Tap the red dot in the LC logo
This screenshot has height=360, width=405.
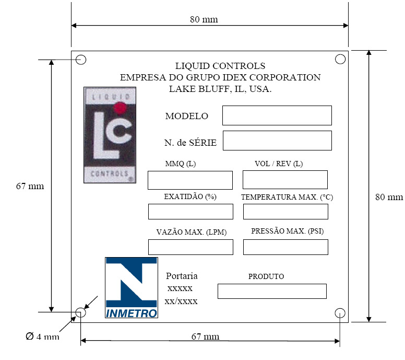point(120,108)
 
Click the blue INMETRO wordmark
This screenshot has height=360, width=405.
point(132,313)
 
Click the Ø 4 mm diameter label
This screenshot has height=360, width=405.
point(42,336)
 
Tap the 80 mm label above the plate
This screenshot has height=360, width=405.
point(204,19)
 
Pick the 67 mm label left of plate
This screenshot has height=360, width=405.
point(30,186)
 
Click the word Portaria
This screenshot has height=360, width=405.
point(182,276)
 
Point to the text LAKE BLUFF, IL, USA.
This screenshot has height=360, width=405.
point(220,89)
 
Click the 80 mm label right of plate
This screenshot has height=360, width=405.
point(389,197)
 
